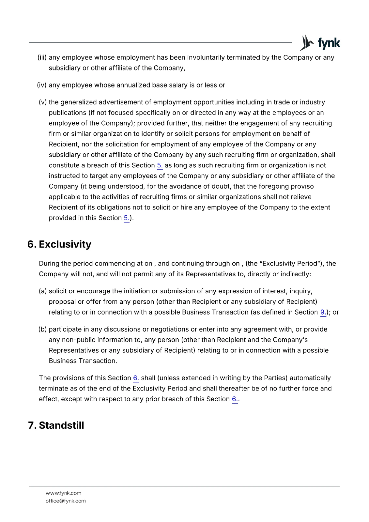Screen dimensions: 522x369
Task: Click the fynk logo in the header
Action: coord(320,43)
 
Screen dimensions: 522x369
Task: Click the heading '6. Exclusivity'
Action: coord(59,244)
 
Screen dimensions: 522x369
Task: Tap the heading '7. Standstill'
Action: coord(56,425)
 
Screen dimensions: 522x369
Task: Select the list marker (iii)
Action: coord(42,58)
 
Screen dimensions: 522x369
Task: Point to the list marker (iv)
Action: coord(42,85)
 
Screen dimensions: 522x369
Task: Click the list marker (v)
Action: coord(43,102)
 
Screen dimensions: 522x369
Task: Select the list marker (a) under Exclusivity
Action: coord(43,291)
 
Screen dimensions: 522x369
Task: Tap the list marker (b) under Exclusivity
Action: coord(43,330)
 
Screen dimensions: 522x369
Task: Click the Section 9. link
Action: coord(323,313)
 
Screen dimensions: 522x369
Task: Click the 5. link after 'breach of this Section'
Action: coord(160,165)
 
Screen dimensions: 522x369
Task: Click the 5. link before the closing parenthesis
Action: coord(126,218)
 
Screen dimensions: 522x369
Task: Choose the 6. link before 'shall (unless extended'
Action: coord(136,378)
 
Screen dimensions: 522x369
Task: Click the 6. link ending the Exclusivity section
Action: coord(235,399)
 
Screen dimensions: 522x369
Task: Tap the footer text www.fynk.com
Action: coord(64,493)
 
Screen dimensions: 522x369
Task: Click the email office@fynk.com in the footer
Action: coord(66,501)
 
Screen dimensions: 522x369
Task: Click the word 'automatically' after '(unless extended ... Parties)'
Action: coord(310,378)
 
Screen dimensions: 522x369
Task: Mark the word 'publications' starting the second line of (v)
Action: coord(68,113)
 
